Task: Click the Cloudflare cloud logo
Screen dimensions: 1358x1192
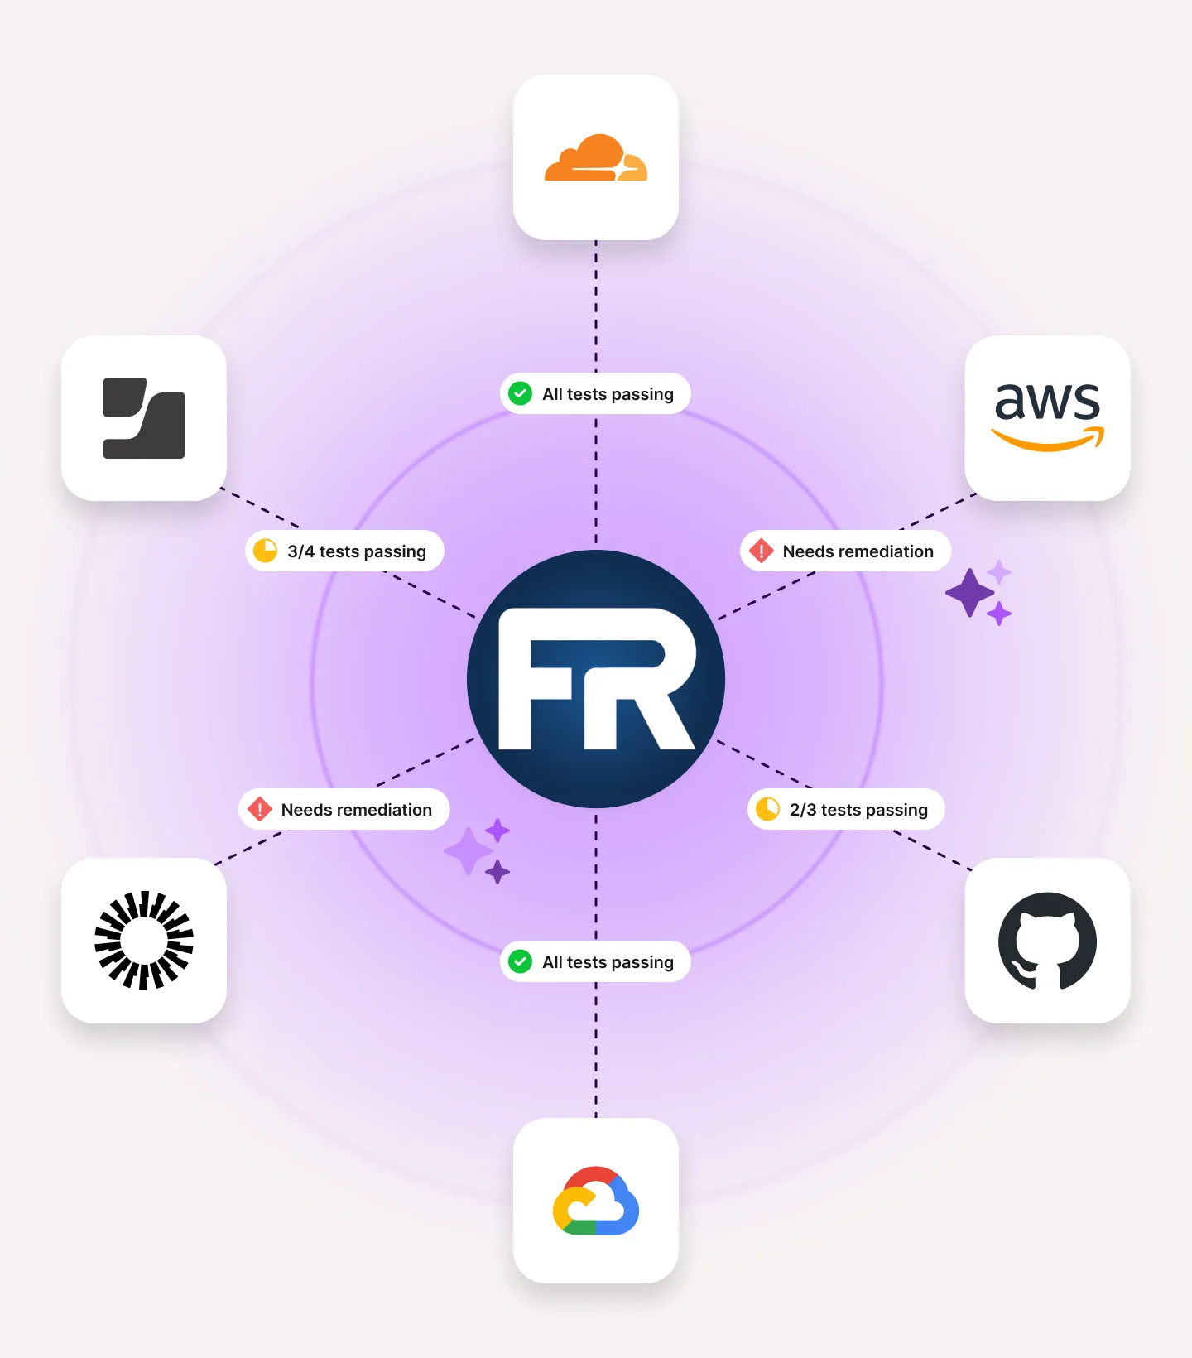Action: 595,158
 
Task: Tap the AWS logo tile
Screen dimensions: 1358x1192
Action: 1047,417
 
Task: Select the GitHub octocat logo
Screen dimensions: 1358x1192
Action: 1047,941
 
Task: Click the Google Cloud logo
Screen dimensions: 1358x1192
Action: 595,1201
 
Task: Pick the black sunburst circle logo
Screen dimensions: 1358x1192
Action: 144,941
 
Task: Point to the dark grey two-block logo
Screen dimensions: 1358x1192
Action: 144,418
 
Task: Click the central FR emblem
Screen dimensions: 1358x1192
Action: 596,679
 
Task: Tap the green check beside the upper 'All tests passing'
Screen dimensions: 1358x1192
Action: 520,393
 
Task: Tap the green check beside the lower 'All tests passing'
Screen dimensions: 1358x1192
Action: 520,961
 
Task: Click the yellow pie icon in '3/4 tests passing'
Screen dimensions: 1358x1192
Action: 265,551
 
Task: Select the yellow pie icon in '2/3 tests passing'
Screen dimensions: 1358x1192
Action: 767,809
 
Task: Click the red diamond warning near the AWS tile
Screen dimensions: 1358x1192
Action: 761,551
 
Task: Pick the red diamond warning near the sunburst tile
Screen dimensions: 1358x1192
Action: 259,809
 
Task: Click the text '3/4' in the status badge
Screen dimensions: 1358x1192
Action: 300,551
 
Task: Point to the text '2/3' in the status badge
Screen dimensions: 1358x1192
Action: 802,810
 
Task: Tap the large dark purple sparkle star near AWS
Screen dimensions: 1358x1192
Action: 969,593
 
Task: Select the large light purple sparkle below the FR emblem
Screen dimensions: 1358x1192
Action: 469,850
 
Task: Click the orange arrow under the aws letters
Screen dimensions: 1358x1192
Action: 1048,440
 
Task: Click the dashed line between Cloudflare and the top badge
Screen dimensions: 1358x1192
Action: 596,306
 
